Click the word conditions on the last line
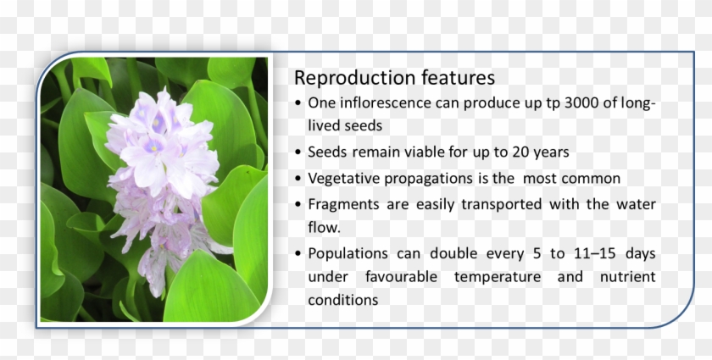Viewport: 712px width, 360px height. [342, 301]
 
